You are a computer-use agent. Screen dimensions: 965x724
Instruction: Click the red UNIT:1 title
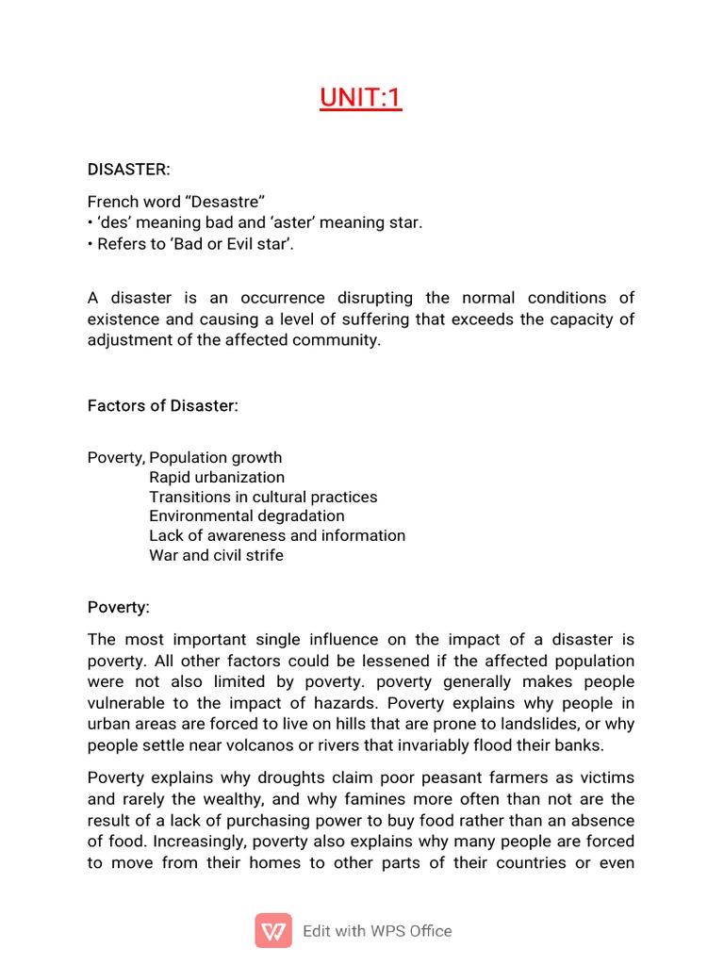coord(361,97)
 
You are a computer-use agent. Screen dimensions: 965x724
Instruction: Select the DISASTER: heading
coord(129,170)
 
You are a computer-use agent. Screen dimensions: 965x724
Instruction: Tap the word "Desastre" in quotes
coord(225,202)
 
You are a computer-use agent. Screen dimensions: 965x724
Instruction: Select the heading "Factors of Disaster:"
coord(163,405)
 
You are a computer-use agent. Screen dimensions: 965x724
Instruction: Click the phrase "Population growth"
coord(216,458)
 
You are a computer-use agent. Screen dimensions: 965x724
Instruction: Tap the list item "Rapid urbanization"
coord(217,477)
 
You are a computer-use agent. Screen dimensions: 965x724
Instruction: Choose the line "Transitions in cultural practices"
coord(263,497)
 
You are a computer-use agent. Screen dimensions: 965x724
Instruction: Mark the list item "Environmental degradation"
coord(247,516)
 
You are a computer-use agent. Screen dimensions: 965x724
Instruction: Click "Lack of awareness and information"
coord(277,535)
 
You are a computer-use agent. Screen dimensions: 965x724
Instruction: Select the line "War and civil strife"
coord(216,555)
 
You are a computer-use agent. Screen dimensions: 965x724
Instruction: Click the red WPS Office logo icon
coord(273,930)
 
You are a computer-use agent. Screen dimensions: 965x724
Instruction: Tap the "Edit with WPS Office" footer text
coord(377,931)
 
